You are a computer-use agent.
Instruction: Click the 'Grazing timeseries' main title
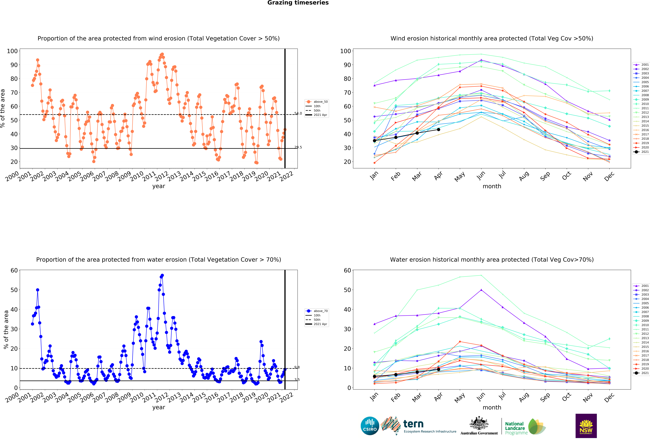coord(298,3)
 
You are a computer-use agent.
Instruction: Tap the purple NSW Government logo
coord(586,426)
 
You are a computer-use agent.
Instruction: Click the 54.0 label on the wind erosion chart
coord(298,113)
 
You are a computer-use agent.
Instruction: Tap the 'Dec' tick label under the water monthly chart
coord(609,397)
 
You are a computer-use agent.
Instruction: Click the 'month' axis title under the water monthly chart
coord(492,407)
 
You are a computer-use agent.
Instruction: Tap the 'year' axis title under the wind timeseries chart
coord(159,186)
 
